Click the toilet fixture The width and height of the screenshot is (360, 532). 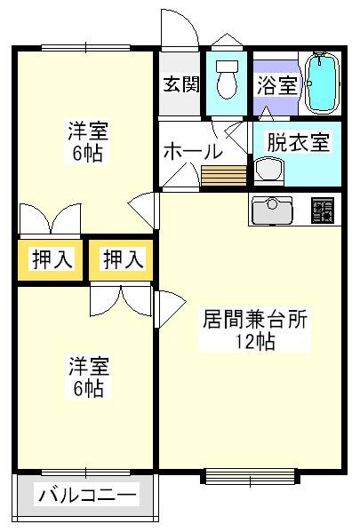pos(227,80)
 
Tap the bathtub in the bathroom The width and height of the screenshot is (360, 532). pos(322,83)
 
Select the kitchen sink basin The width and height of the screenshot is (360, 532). pos(272,210)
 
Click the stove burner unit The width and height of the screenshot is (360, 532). pos(323,210)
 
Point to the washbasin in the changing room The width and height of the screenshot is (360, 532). pos(269,170)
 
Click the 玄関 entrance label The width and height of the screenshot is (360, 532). pos(181,83)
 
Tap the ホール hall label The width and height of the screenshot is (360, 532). pos(193,151)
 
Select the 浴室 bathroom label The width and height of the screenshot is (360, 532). pos(276,85)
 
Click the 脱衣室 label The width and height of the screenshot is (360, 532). pos(298,142)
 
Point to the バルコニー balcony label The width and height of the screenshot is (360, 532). pos(87,495)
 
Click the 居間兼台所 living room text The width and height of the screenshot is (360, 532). pos(255,319)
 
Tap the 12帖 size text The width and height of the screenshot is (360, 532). pos(255,341)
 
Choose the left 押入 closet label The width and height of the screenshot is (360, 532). pos(52,260)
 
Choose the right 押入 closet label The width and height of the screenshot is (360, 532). pos(123,260)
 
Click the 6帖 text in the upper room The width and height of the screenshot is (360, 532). pos(87,154)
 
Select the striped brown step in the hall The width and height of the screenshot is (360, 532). pos(224,176)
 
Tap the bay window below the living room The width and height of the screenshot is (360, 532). pos(251,476)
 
